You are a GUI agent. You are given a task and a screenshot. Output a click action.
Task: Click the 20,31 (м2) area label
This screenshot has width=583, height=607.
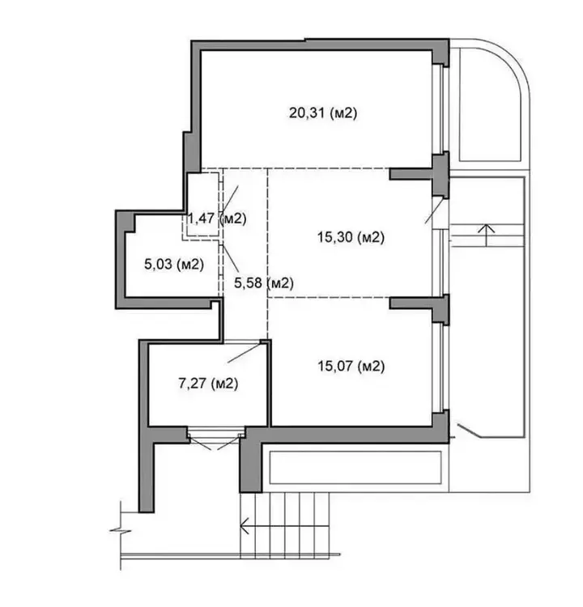323,113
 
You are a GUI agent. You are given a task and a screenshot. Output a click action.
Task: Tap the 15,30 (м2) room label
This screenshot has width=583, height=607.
351,237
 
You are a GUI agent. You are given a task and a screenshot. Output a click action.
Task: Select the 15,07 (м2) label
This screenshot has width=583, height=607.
351,366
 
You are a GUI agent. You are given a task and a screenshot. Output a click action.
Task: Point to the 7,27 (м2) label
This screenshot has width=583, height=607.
208,384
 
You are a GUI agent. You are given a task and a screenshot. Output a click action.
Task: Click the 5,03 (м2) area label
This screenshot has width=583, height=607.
174,265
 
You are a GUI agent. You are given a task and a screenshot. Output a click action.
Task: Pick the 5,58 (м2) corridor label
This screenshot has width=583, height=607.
264,283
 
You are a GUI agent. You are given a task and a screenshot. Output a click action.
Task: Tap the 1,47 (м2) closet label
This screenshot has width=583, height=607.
217,219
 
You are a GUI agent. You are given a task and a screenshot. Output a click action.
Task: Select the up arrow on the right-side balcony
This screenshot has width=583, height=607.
487,235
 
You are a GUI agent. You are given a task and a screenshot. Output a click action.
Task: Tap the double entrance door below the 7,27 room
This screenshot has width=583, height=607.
216,438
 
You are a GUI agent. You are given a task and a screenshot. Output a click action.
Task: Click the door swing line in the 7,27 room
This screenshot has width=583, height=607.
245,353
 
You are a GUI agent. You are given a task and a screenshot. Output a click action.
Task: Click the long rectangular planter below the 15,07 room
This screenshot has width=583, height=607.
355,467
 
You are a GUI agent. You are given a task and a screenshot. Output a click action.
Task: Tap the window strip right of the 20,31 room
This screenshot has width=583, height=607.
440,109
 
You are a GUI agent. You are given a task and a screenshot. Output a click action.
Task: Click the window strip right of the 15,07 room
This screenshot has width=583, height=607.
440,368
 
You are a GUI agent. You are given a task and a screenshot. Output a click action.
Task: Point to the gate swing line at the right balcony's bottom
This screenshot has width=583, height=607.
470,431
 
